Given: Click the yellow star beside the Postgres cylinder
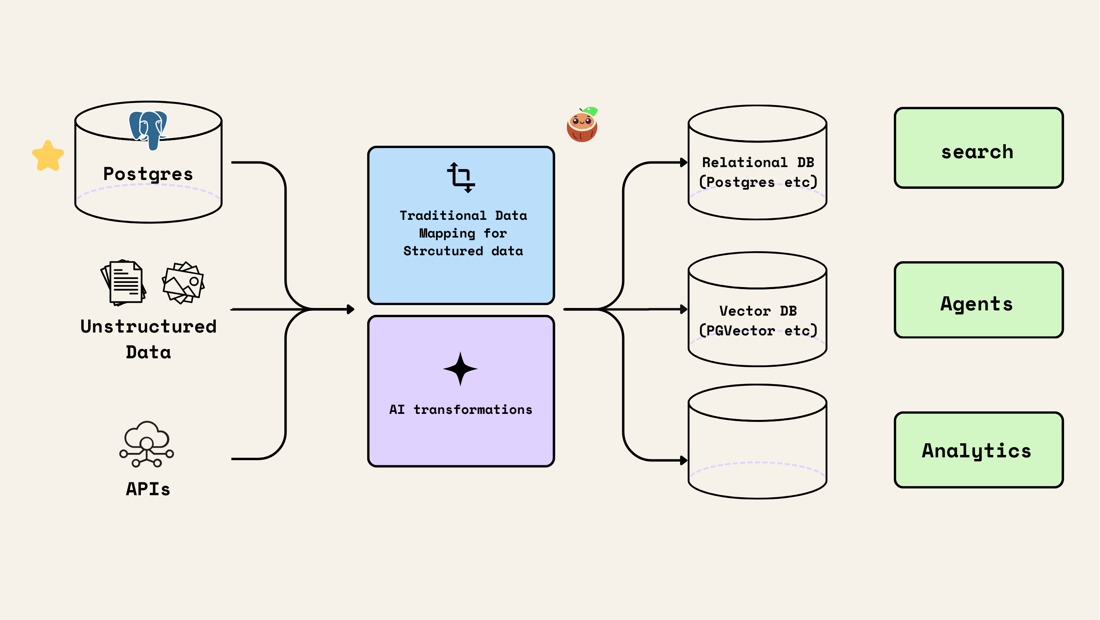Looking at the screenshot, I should [x=48, y=156].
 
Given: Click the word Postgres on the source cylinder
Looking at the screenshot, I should [x=148, y=174].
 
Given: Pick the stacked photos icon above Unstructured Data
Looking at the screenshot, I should [x=184, y=283].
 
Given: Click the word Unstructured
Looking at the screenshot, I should [x=148, y=327].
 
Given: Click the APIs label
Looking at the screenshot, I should [x=148, y=489].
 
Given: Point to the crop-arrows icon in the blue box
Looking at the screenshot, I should [x=461, y=177].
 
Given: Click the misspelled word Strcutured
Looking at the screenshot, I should [x=443, y=251].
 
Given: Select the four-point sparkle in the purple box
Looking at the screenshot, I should [x=460, y=368].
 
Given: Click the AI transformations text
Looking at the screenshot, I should [x=461, y=409].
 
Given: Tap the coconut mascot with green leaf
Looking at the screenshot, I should [x=582, y=125].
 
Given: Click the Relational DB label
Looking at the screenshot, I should [x=758, y=162].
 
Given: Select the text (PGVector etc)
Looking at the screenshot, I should [x=758, y=331].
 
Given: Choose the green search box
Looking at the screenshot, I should [x=978, y=148].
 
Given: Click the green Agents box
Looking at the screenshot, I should [x=978, y=300].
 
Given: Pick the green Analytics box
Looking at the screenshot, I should [x=978, y=450].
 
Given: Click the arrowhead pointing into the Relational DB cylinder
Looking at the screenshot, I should [x=684, y=162].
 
